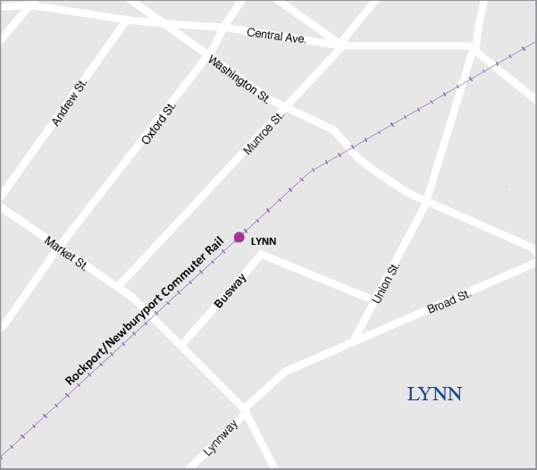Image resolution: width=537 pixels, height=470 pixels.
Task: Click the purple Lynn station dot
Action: click(x=239, y=237)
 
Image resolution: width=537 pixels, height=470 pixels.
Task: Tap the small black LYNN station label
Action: click(x=264, y=241)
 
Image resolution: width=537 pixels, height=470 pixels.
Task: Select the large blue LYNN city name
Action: click(x=434, y=394)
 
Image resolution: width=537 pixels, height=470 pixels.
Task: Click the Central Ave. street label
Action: click(x=277, y=36)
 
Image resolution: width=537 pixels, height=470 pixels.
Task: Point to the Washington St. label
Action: click(x=239, y=79)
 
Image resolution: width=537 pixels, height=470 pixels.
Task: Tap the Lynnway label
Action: click(x=222, y=438)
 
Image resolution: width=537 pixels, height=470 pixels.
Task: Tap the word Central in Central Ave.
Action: click(x=266, y=35)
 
